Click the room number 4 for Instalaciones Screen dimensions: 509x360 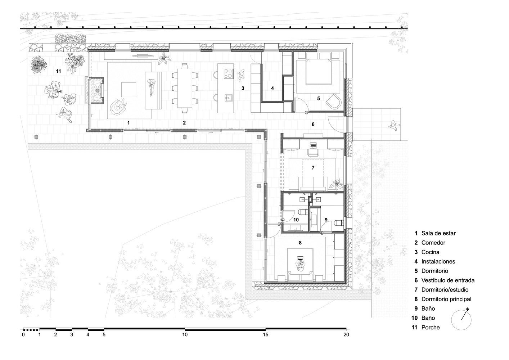(272, 89)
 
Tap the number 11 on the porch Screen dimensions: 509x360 (59, 71)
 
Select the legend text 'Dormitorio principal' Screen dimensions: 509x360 (446, 299)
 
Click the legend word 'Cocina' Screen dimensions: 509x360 (431, 252)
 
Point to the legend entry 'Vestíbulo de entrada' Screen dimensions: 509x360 (448, 280)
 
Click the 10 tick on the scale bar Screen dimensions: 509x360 (185, 329)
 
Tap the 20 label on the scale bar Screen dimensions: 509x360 (346, 334)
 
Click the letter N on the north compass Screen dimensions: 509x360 (467, 309)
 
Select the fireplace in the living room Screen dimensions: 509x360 (95, 90)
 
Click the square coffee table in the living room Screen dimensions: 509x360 (129, 90)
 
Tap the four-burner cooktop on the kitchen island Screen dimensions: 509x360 (228, 74)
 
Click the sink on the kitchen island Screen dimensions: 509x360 (228, 98)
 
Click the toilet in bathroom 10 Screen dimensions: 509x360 (303, 212)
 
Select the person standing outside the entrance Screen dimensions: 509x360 (394, 125)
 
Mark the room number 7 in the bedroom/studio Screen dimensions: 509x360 (313, 168)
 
